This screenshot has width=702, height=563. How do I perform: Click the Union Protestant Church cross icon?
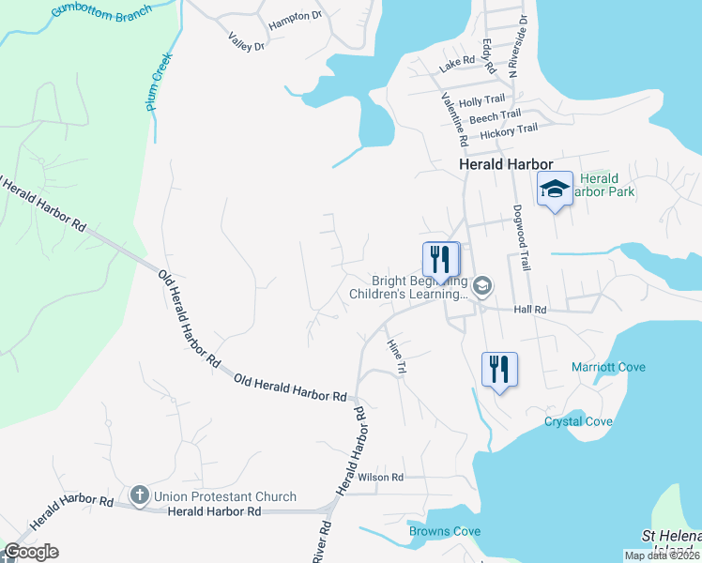point(140,495)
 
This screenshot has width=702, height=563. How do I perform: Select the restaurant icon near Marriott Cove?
point(499,369)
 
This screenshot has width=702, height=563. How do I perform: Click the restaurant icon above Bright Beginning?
point(440,258)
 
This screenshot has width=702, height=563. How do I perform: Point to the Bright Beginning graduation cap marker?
point(482,285)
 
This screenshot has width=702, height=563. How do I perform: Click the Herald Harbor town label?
point(506,163)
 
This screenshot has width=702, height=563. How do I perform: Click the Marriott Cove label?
point(608,367)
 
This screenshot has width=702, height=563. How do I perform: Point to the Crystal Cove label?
point(578,421)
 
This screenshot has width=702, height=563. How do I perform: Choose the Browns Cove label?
point(445,531)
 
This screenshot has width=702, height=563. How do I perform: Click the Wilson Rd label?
point(379,478)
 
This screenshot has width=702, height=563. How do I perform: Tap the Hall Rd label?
point(529,309)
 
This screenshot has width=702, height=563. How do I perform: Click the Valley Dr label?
point(247,40)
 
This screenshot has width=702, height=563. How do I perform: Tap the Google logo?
point(31,552)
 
